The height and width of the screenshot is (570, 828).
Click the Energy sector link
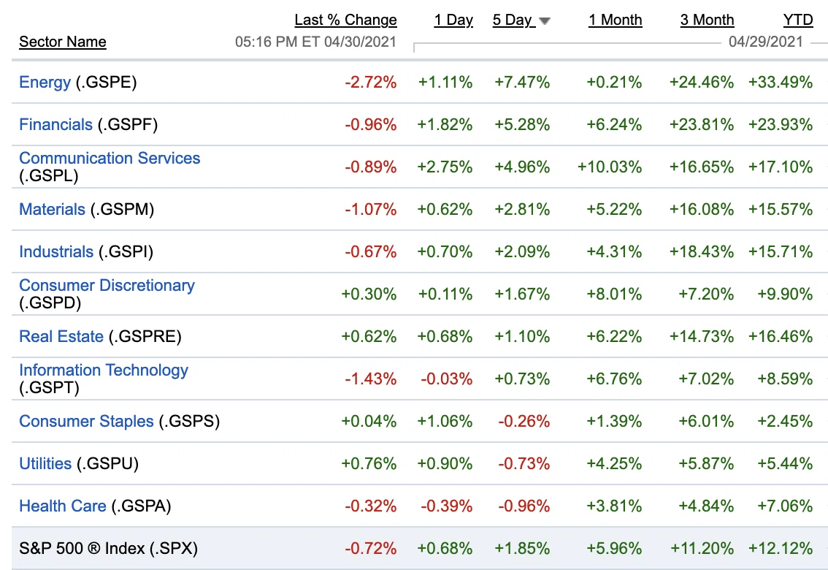coord(45,83)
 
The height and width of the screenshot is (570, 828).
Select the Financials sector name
coord(55,125)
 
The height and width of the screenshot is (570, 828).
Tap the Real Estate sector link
coord(61,336)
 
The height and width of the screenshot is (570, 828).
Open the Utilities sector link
coord(45,463)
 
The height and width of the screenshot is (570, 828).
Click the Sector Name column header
coord(63,42)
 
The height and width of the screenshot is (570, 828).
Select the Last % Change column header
coord(346,20)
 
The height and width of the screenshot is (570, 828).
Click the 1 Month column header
coord(616,20)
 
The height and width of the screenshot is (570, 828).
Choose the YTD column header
coord(798,20)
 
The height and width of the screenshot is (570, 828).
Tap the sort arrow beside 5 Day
coord(545,21)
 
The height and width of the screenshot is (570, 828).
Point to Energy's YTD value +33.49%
coord(781,83)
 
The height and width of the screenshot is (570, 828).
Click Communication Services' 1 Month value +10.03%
coord(610,167)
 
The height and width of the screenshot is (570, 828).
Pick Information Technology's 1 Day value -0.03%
coord(447,379)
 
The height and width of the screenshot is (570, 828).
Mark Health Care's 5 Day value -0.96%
coord(524,506)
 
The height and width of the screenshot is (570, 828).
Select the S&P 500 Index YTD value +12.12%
coord(781,548)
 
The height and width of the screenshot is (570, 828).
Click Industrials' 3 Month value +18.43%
coord(702,251)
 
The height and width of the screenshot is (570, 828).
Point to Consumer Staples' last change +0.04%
coord(369,421)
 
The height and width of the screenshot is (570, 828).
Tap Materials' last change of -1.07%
coord(371,209)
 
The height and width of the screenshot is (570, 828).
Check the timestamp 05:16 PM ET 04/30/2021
coord(315,42)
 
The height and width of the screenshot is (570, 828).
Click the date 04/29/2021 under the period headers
coord(766,42)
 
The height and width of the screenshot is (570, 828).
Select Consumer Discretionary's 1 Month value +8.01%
coord(615,294)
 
